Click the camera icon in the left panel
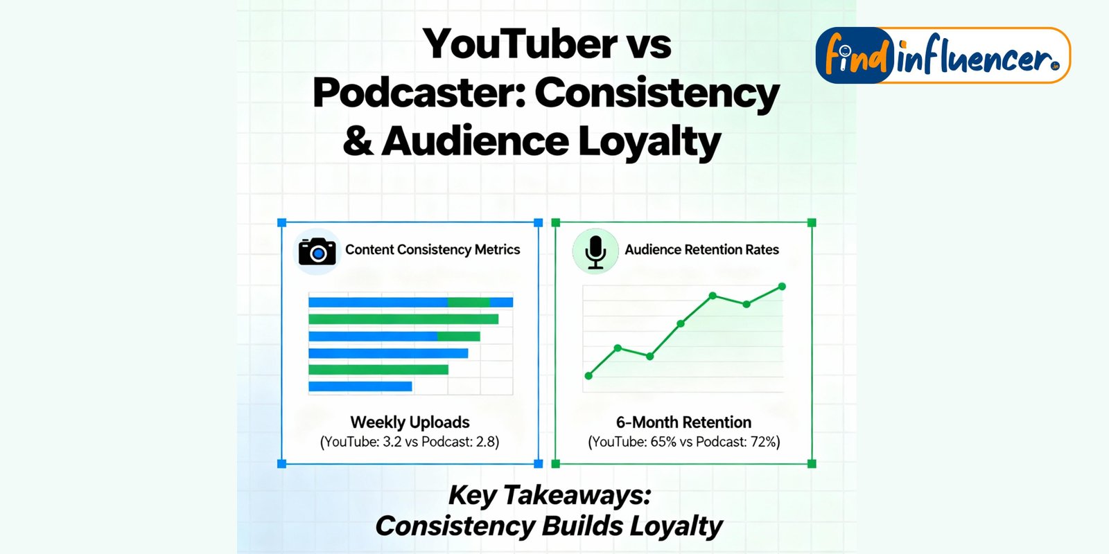[x=317, y=251]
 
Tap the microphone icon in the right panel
[x=595, y=252]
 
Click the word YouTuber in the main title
[x=519, y=44]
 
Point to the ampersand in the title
[x=358, y=141]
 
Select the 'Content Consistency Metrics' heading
[x=433, y=250]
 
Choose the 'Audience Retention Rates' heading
[x=701, y=250]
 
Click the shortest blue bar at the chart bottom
[x=360, y=386]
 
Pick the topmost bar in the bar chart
[x=410, y=302]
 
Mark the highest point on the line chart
[x=783, y=287]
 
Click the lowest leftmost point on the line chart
[x=588, y=376]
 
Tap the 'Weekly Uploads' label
[x=410, y=422]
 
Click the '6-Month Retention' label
[x=683, y=422]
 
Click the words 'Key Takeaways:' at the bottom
[x=550, y=495]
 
